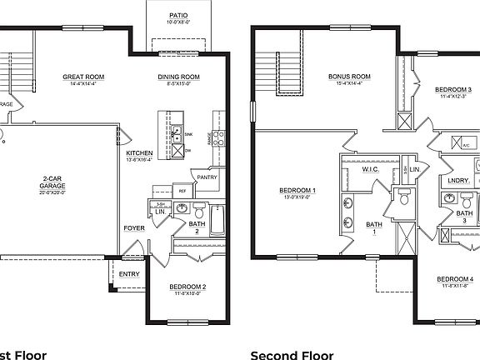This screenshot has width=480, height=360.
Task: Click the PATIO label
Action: [x=178, y=15]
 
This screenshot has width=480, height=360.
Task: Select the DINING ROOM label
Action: [x=179, y=77]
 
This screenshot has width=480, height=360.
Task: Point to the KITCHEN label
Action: [x=138, y=153]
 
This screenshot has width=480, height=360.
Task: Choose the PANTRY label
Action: [x=206, y=177]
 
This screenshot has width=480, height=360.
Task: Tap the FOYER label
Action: [x=135, y=226]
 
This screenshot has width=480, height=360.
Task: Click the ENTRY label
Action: [x=129, y=273]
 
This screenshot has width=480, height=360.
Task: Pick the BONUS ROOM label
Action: [x=349, y=76]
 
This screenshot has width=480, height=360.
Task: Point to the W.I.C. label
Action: [x=370, y=170]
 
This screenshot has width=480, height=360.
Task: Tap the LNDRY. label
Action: [x=458, y=180]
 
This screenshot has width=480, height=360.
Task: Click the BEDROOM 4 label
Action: [x=455, y=278]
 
